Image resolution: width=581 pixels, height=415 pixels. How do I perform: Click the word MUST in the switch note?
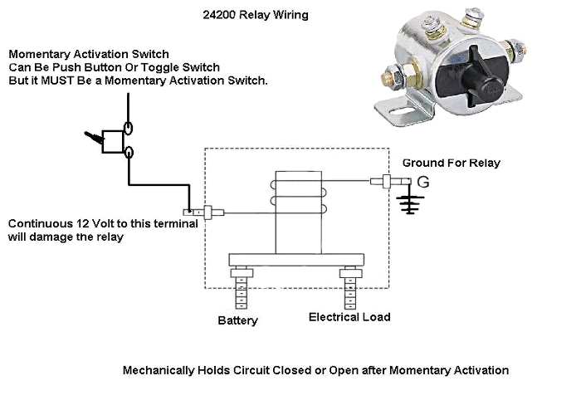(54, 81)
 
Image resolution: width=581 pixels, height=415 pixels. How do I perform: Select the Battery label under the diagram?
(237, 317)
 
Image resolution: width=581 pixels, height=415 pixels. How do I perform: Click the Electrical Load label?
(349, 316)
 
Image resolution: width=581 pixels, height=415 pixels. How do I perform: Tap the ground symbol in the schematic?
(407, 204)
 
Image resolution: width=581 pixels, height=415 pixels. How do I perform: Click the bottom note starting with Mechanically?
(315, 370)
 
